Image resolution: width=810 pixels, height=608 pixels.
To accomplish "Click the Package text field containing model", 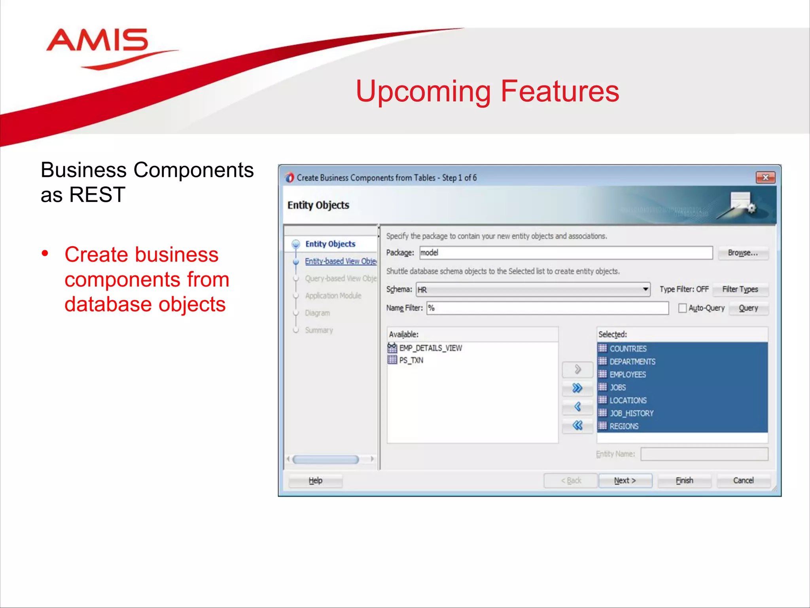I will (x=566, y=253).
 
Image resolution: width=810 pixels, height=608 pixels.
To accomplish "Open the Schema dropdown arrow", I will (x=645, y=289).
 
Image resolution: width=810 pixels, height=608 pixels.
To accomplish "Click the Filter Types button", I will (x=740, y=289).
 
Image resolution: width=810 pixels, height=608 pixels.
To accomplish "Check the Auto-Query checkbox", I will (x=682, y=308).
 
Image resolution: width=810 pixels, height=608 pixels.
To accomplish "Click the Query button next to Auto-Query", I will (x=748, y=308).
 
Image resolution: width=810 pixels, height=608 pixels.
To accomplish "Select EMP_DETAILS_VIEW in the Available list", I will (x=430, y=348).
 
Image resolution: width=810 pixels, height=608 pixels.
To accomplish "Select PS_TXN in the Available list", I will (x=411, y=360).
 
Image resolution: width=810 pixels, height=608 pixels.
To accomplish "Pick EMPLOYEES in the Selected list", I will (x=628, y=374).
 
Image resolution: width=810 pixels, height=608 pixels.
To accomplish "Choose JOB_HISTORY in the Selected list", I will (x=631, y=413).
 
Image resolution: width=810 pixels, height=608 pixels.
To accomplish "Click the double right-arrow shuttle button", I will (x=577, y=388).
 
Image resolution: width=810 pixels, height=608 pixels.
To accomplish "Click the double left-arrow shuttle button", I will (x=577, y=426).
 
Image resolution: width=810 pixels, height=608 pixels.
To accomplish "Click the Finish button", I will (x=684, y=481).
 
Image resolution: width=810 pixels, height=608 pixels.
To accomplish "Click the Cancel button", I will (x=743, y=481).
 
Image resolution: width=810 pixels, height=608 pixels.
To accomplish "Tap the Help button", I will (x=315, y=481).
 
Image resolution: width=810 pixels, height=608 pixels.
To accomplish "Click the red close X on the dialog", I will (x=765, y=178).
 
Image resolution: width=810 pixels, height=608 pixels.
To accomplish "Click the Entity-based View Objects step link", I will (x=340, y=261).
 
